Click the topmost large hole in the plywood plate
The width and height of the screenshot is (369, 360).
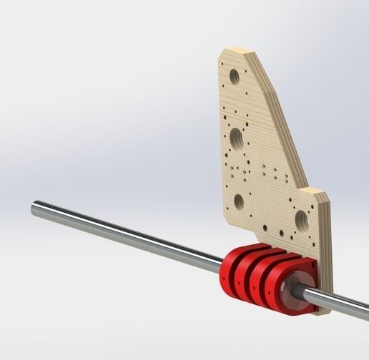coord(233,75)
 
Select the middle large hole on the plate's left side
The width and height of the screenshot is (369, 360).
coord(237,135)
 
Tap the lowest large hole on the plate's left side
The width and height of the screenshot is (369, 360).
coord(239,202)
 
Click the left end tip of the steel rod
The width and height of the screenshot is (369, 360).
coord(34,208)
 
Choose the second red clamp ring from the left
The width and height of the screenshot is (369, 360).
coord(247,275)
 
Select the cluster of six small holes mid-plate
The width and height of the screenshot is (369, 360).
coord(271,171)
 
